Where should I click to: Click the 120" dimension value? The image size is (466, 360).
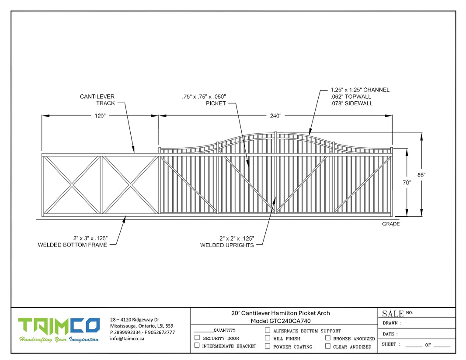(100, 115)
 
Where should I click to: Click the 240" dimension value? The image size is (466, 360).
(275, 115)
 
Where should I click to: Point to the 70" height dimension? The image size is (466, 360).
(407, 183)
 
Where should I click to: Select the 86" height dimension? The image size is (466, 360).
(421, 175)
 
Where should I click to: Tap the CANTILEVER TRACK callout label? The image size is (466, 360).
(97, 100)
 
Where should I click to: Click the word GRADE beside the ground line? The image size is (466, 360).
(391, 224)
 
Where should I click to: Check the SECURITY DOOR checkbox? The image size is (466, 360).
(197, 338)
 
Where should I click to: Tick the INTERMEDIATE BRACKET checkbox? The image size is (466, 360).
(197, 346)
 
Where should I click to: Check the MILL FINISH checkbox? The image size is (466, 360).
(268, 338)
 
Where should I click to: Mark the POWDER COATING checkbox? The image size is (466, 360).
(268, 346)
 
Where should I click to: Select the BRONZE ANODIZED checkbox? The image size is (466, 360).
(327, 338)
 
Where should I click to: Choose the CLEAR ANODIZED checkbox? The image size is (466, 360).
(327, 346)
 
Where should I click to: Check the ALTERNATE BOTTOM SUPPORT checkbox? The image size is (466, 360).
(268, 330)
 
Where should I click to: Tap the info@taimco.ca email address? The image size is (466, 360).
(127, 339)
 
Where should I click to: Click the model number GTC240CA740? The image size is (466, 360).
(290, 321)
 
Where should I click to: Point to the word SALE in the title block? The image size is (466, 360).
(393, 314)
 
